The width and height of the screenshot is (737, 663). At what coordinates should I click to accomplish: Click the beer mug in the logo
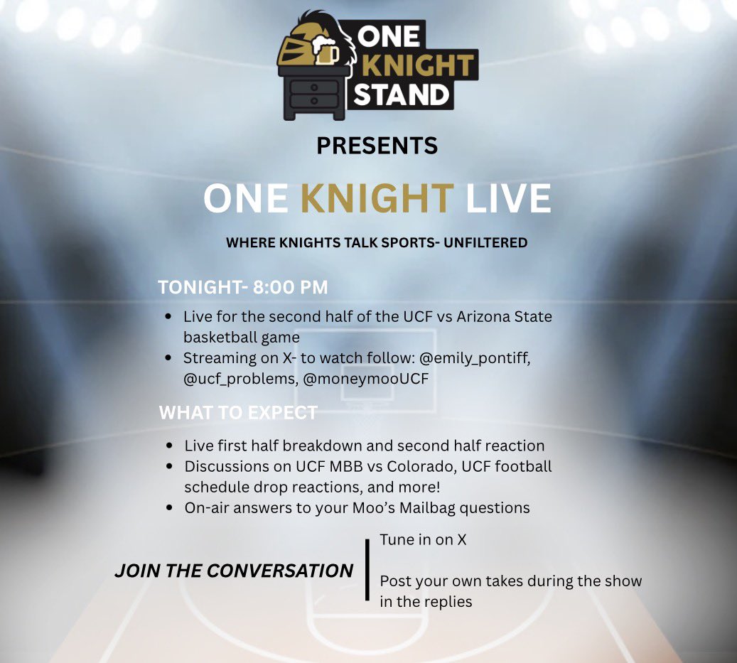(x=326, y=53)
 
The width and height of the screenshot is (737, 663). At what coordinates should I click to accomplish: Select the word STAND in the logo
(x=402, y=93)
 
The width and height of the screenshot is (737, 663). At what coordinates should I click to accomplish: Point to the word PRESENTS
(x=377, y=146)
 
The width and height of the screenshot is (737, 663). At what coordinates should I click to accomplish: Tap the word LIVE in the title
(x=508, y=199)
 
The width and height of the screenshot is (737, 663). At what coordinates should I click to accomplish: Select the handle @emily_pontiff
(x=469, y=357)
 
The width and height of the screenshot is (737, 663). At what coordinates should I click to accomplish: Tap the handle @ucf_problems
(x=237, y=379)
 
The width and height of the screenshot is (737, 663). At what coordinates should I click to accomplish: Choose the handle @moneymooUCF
(x=366, y=379)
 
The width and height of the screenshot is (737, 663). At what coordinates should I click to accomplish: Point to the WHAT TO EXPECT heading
(x=238, y=413)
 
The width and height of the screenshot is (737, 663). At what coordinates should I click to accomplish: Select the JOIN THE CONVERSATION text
(x=234, y=571)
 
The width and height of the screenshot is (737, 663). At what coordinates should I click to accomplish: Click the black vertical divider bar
(x=367, y=570)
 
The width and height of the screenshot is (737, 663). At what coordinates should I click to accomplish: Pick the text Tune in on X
(x=423, y=539)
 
